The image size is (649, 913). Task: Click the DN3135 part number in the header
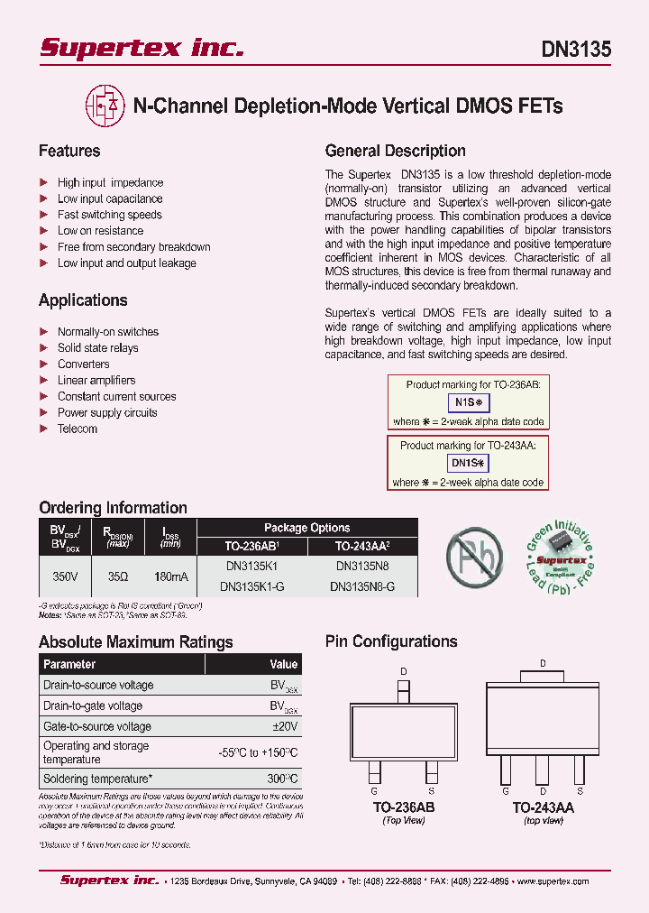pyautogui.click(x=575, y=49)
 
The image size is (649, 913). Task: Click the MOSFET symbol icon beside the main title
pyautogui.click(x=105, y=106)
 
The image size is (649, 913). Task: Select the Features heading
pyautogui.click(x=69, y=151)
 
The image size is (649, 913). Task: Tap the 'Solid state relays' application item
pyautogui.click(x=98, y=348)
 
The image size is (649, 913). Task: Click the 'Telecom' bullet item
pyautogui.click(x=78, y=429)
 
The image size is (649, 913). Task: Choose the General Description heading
pyautogui.click(x=395, y=151)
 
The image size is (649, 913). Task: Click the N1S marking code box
pyautogui.click(x=469, y=402)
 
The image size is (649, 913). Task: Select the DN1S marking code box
pyautogui.click(x=468, y=464)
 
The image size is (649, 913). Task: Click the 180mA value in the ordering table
pyautogui.click(x=170, y=575)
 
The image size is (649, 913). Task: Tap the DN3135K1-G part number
pyautogui.click(x=252, y=586)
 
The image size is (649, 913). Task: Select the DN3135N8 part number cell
pyautogui.click(x=362, y=566)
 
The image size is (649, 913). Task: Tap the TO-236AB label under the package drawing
pyautogui.click(x=404, y=808)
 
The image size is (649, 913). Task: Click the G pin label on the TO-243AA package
pyautogui.click(x=507, y=790)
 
